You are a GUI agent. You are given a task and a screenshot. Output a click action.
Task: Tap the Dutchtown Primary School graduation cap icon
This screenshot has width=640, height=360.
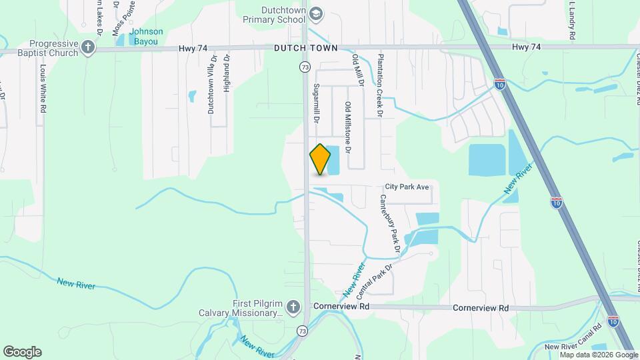pyautogui.click(x=317, y=13)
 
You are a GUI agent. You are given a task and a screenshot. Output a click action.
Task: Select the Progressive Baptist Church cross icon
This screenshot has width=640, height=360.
pyautogui.click(x=88, y=47)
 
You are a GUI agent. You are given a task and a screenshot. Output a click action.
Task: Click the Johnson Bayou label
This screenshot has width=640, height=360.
pyautogui.click(x=146, y=36)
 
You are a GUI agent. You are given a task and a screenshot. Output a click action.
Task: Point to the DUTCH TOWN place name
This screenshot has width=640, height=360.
pyautogui.click(x=305, y=49)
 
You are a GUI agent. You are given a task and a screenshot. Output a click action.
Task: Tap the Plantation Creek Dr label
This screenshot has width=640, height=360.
pyautogui.click(x=379, y=85)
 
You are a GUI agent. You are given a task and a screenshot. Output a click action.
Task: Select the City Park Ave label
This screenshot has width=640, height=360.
pyautogui.click(x=407, y=187)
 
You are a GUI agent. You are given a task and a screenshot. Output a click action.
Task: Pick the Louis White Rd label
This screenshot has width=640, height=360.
pyautogui.click(x=43, y=89)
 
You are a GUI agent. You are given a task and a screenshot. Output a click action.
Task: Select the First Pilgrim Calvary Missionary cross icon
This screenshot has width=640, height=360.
pyautogui.click(x=291, y=307)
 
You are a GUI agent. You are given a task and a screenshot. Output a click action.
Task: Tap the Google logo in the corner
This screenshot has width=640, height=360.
pyautogui.click(x=22, y=352)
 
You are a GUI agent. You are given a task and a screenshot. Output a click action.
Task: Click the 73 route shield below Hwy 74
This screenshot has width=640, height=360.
pyautogui.click(x=305, y=67)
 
